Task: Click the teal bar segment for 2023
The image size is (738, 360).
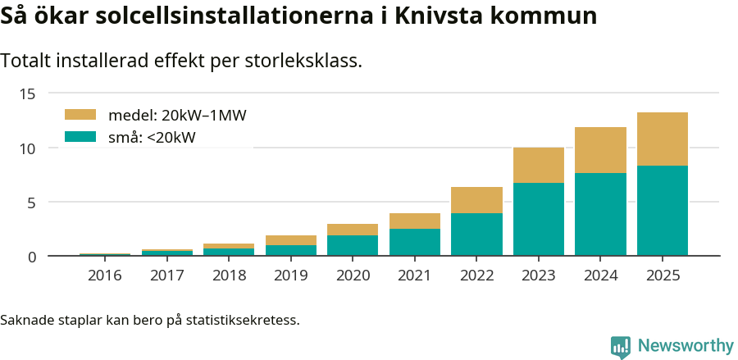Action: [x=539, y=219]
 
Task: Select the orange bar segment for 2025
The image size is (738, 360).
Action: [x=663, y=139]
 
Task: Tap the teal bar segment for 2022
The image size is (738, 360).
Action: [x=476, y=235]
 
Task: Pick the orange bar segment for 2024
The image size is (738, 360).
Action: [x=600, y=150]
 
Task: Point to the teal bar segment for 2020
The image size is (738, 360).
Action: [x=353, y=245]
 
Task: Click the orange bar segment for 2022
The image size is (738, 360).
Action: [x=476, y=200]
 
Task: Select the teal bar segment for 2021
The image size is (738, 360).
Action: [x=415, y=242]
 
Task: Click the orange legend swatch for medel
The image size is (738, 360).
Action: [x=80, y=115]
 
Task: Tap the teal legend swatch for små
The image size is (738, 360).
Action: [x=80, y=137]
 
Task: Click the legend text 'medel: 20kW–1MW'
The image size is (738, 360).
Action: [x=177, y=115]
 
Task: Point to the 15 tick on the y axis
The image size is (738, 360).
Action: [x=27, y=93]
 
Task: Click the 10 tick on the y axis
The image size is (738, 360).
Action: [x=27, y=148]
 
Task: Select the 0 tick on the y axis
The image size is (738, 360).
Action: [x=31, y=257]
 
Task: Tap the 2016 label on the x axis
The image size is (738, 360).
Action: [x=105, y=276]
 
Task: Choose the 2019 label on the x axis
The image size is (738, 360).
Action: [x=291, y=276]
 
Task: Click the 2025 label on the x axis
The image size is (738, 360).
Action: [x=663, y=276]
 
